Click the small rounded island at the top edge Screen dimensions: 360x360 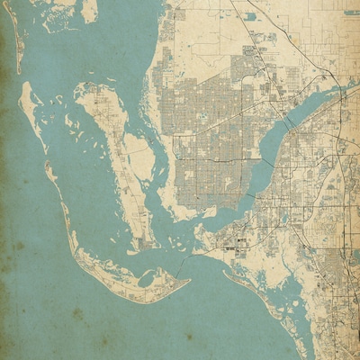89,11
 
